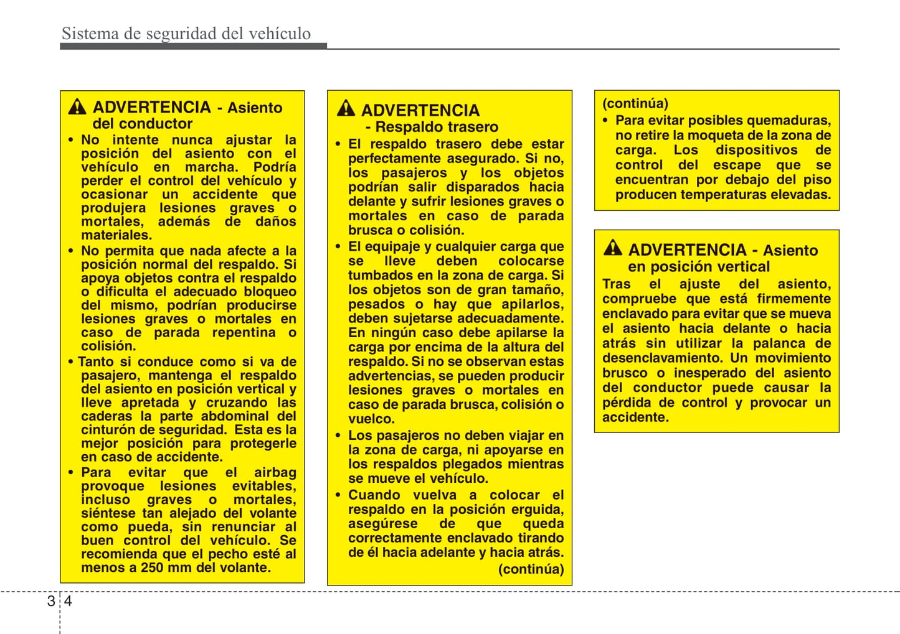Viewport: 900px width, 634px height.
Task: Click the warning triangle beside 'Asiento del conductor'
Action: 77,107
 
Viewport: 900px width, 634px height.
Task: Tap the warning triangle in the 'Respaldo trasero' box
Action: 346,109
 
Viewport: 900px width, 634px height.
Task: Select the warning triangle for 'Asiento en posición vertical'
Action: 613,248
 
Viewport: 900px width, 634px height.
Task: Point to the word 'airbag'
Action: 275,472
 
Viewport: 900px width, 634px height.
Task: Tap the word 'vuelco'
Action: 371,419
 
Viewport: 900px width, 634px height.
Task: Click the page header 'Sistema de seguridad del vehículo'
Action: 186,34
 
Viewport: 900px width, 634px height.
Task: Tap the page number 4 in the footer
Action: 68,600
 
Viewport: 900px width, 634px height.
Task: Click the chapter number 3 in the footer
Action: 51,600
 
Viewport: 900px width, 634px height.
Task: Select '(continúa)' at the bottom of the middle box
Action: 531,569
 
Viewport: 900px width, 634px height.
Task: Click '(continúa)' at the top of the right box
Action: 635,103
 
